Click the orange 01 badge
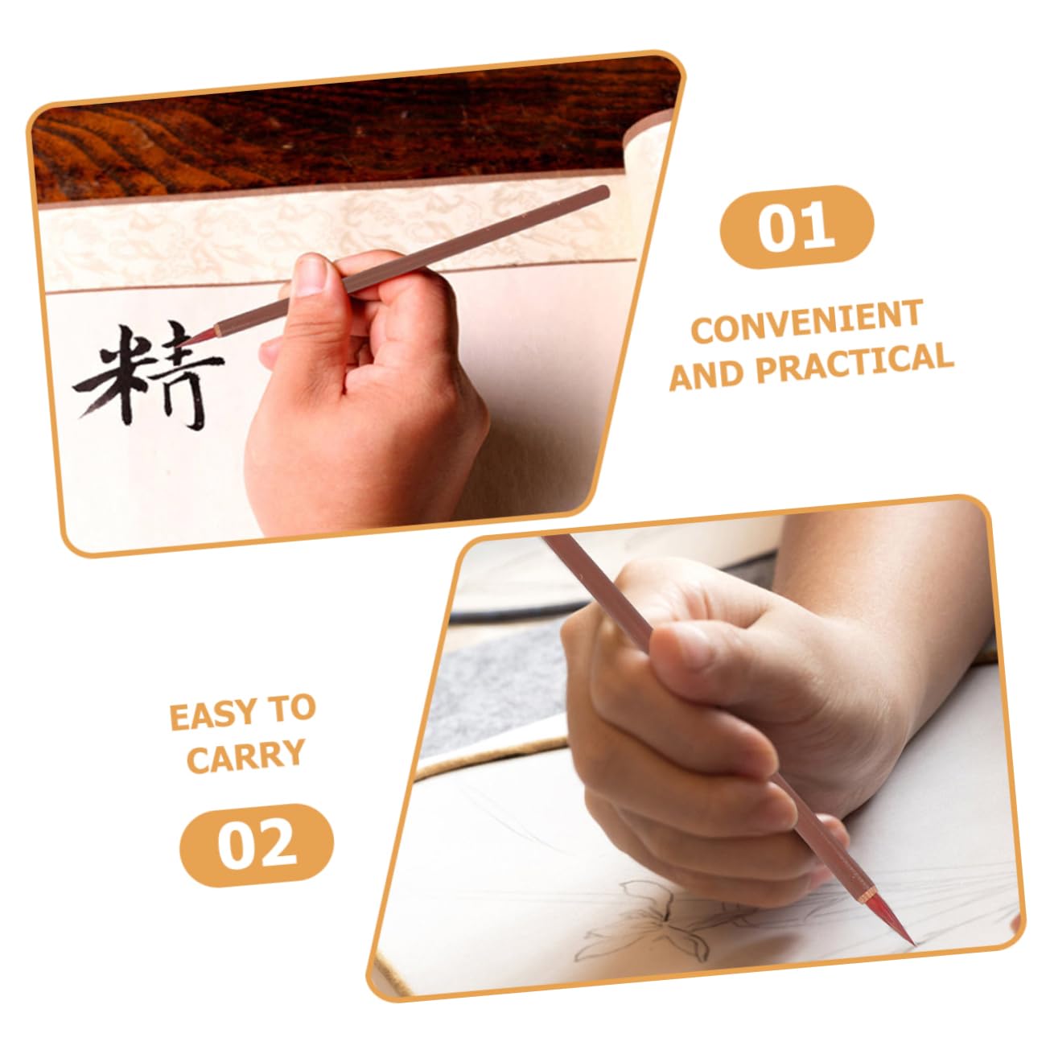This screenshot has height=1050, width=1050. click(x=797, y=226)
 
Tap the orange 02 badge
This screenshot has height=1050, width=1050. click(x=256, y=845)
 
